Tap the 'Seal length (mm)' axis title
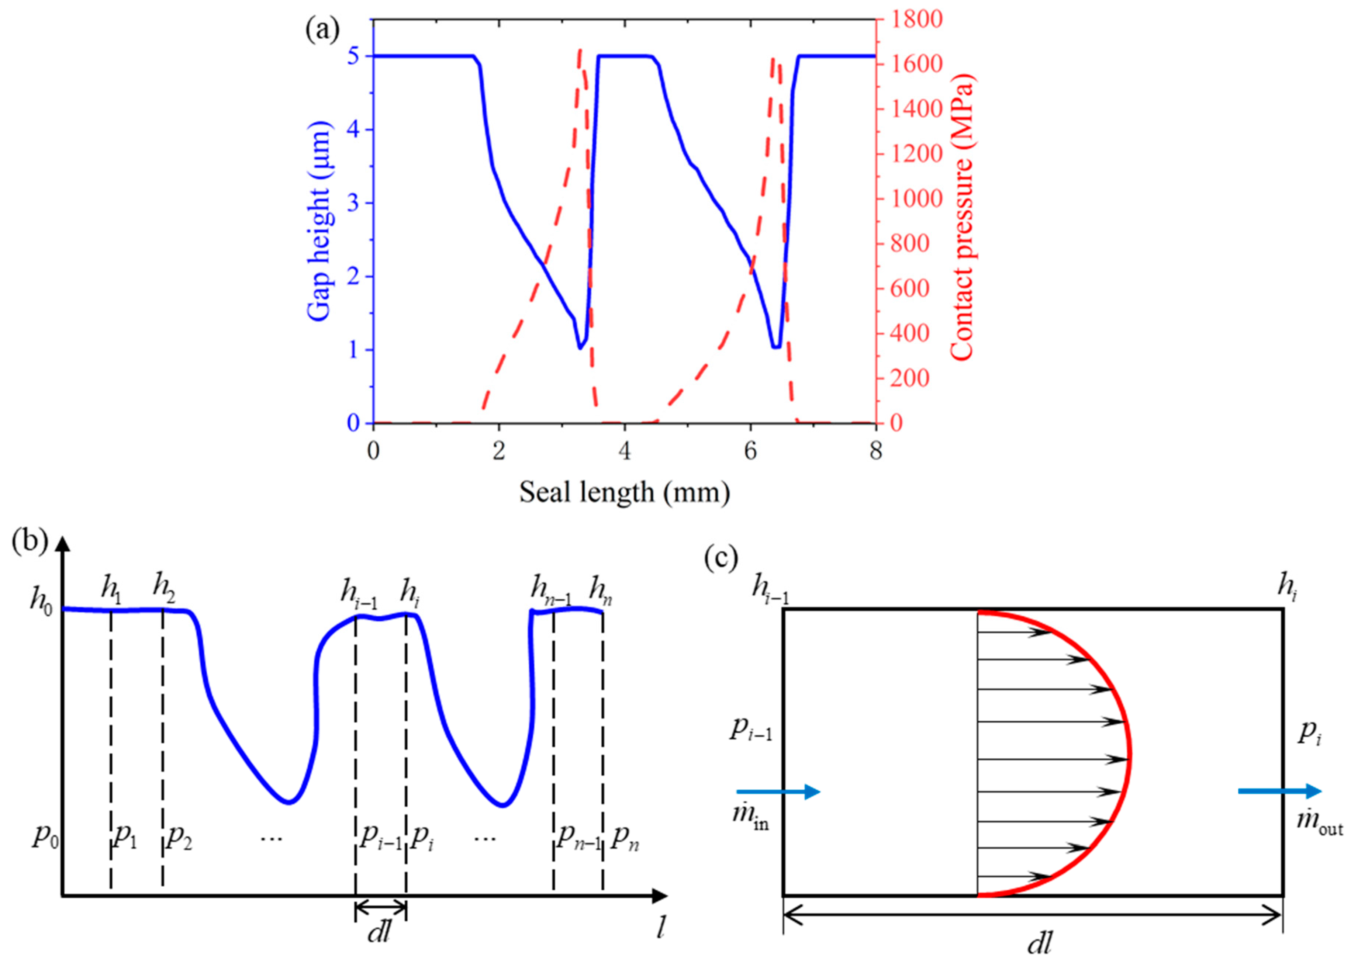click(x=625, y=492)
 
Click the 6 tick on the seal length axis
click(x=750, y=452)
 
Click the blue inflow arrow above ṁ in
click(x=778, y=791)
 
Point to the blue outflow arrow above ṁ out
click(x=1280, y=791)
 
